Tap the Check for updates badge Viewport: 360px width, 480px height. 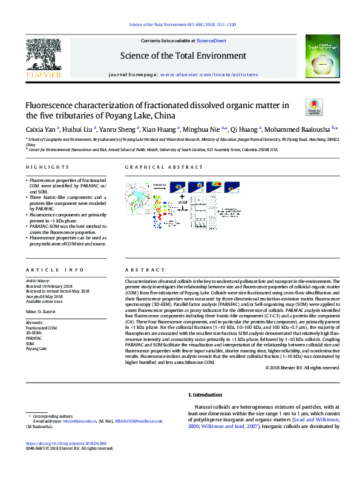[x=314, y=108]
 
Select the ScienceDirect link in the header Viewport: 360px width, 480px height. [x=212, y=41]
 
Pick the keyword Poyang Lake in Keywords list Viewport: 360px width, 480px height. [x=36, y=349]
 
